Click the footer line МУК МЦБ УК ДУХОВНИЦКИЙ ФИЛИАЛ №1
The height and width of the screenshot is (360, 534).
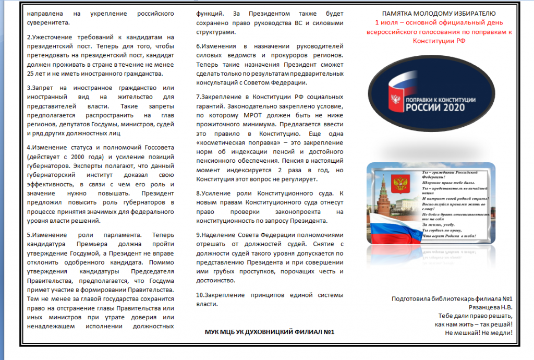click(x=270, y=332)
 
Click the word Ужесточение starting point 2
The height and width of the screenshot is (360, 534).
click(x=53, y=38)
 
